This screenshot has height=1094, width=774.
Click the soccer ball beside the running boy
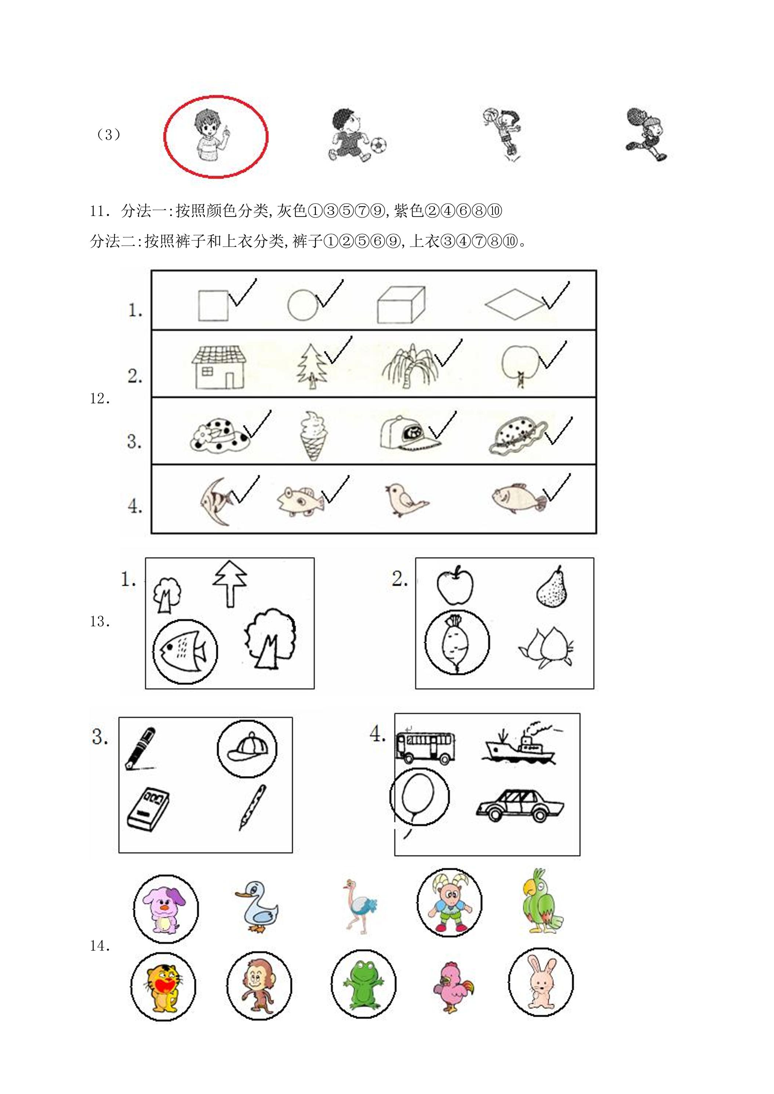[378, 145]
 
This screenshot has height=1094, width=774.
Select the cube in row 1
[400, 305]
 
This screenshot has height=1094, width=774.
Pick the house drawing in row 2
[219, 367]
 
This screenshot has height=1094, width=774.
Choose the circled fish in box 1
[185, 650]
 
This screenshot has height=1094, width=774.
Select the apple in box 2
[455, 585]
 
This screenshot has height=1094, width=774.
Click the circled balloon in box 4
[419, 797]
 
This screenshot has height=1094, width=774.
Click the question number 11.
[100, 211]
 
